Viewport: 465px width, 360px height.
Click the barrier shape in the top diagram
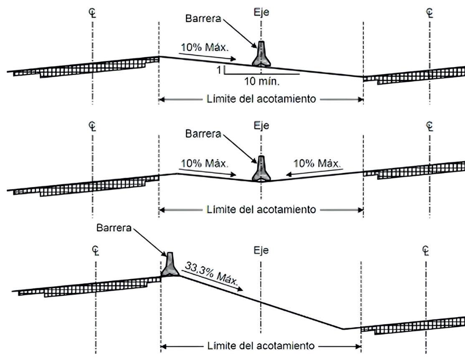coord(261,55)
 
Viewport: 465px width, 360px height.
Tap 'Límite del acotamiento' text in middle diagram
coord(261,209)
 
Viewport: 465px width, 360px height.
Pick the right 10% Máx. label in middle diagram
coord(317,162)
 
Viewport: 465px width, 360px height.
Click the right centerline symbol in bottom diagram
coord(426,250)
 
